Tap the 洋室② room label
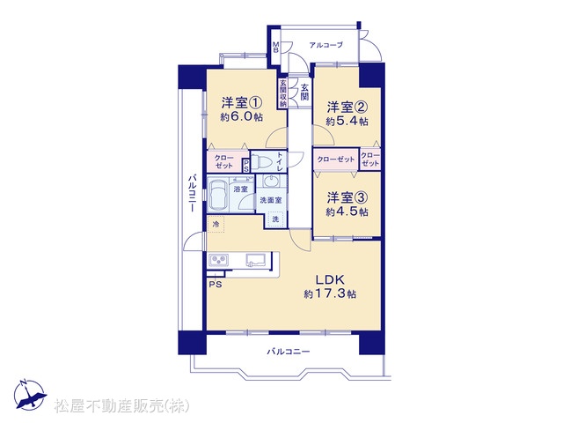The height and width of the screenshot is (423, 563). pyautogui.click(x=347, y=107)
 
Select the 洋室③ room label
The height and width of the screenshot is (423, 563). pyautogui.click(x=347, y=197)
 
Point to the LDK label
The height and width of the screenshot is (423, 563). pyautogui.click(x=330, y=279)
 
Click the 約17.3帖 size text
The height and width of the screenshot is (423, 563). pyautogui.click(x=330, y=293)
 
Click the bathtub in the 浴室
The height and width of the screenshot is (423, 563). pyautogui.click(x=217, y=194)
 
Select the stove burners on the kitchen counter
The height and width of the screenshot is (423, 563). pyautogui.click(x=219, y=260)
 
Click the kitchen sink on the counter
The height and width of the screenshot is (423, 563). pyautogui.click(x=256, y=260)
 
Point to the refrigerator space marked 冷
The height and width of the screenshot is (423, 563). pyautogui.click(x=216, y=225)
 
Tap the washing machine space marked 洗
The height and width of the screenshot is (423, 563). pyautogui.click(x=275, y=219)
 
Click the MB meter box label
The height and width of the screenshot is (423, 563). pyautogui.click(x=275, y=48)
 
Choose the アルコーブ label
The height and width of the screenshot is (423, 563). pyautogui.click(x=326, y=45)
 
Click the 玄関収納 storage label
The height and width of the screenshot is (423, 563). pyautogui.click(x=283, y=93)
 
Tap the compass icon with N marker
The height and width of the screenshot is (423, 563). pyautogui.click(x=30, y=394)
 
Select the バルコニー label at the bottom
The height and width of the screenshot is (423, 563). pyautogui.click(x=289, y=352)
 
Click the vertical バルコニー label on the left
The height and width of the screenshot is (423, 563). pyautogui.click(x=193, y=193)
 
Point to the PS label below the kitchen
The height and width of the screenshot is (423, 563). pyautogui.click(x=216, y=285)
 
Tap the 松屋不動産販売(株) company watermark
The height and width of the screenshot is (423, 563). pyautogui.click(x=121, y=406)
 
